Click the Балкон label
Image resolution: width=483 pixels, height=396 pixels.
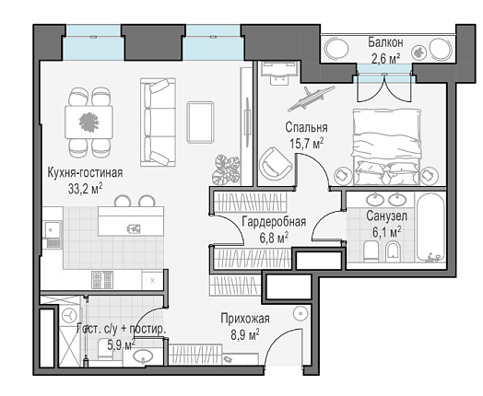385,42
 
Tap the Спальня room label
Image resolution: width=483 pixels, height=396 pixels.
306,127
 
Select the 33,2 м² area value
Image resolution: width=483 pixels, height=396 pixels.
86,189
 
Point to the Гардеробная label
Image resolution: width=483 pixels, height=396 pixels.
274,222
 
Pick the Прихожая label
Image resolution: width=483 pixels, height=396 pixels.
245,319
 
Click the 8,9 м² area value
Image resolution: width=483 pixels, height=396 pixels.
245,335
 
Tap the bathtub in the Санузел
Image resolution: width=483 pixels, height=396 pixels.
430,227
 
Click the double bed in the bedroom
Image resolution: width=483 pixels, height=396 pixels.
386,146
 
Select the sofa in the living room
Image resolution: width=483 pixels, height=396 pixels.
158,122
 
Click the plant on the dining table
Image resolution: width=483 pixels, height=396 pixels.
88,122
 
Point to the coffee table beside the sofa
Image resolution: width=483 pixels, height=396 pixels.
200,122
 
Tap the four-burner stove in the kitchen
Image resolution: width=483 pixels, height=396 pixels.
102,280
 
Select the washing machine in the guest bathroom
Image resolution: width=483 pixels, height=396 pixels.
71,315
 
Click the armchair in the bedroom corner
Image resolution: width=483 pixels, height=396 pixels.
275,164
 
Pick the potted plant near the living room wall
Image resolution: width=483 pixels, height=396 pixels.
226,169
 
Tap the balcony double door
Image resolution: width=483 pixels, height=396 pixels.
384,87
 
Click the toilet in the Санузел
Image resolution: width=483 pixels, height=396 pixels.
371,251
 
